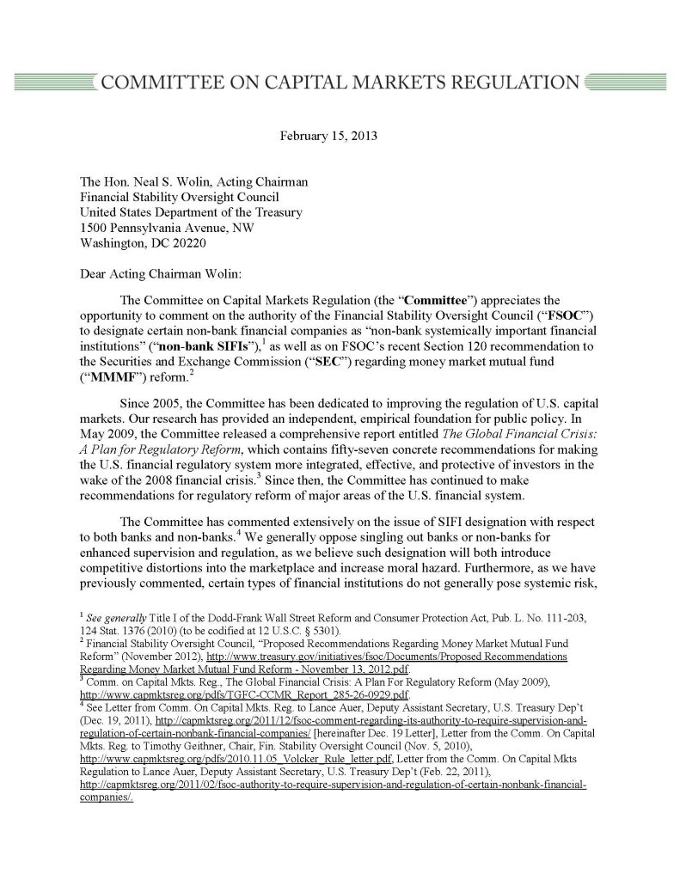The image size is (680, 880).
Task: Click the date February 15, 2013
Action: click(x=329, y=135)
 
